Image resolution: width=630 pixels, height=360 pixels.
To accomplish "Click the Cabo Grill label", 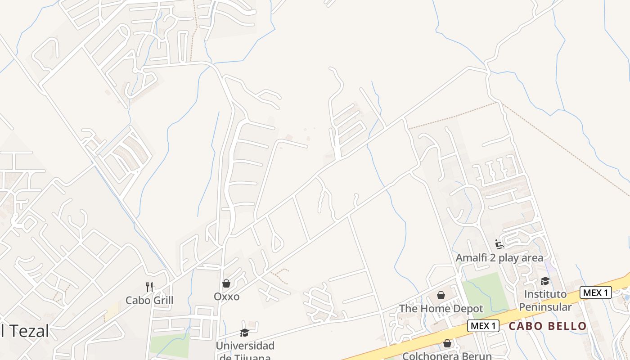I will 149,300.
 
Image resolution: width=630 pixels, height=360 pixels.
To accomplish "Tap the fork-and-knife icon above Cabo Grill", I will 149,287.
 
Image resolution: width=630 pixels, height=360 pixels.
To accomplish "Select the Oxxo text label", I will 226,297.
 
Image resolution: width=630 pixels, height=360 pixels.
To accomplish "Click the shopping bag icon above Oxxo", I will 226,283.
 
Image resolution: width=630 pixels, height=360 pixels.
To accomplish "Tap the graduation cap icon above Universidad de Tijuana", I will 244,333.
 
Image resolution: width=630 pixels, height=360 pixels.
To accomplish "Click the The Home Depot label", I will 441,309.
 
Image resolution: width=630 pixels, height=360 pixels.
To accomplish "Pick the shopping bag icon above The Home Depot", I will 441,295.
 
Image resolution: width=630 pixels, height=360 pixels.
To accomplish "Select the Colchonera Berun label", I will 447,355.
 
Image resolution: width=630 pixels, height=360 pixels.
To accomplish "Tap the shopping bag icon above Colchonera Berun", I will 447,343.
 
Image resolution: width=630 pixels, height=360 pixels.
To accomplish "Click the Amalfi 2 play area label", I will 499,258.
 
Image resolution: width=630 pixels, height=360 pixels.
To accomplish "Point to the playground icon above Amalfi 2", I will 499,244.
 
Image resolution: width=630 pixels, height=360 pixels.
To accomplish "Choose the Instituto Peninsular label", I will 545,301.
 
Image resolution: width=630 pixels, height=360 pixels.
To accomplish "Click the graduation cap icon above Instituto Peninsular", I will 545,281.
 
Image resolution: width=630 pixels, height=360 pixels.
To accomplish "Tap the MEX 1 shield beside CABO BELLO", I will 484,326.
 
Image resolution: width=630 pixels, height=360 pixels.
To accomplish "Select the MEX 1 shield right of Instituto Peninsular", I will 595,292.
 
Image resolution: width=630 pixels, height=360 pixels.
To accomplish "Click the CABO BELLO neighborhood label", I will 548,326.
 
